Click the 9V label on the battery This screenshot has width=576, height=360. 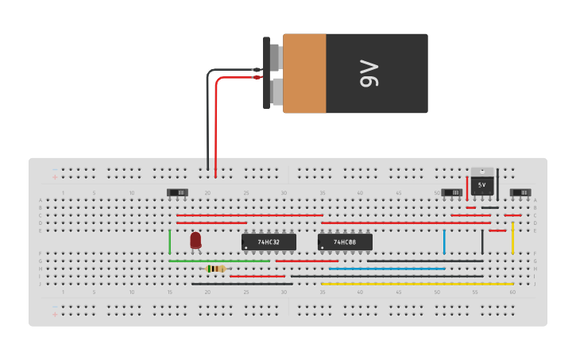pyautogui.click(x=369, y=73)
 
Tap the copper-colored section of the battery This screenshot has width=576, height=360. pyautogui.click(x=304, y=73)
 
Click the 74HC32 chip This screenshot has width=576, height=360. pyautogui.click(x=269, y=242)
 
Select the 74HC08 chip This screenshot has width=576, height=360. pyautogui.click(x=345, y=242)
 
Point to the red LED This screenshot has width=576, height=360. pyautogui.click(x=196, y=239)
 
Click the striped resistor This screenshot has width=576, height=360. pyautogui.click(x=215, y=269)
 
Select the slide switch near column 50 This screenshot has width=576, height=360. pyautogui.click(x=451, y=192)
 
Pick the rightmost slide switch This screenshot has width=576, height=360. pyautogui.click(x=520, y=192)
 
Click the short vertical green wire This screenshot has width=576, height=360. pyautogui.click(x=170, y=242)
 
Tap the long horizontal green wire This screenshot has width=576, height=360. pyautogui.click(x=219, y=261)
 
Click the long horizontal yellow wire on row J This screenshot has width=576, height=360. pyautogui.click(x=417, y=284)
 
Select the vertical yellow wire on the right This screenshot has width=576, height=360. pyautogui.click(x=512, y=238)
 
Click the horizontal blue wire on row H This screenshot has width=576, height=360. pyautogui.click(x=387, y=269)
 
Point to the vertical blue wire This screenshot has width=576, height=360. pyautogui.click(x=444, y=242)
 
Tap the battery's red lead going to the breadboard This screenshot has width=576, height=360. pyautogui.click(x=216, y=127)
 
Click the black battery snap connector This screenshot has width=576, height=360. pyautogui.click(x=267, y=73)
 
